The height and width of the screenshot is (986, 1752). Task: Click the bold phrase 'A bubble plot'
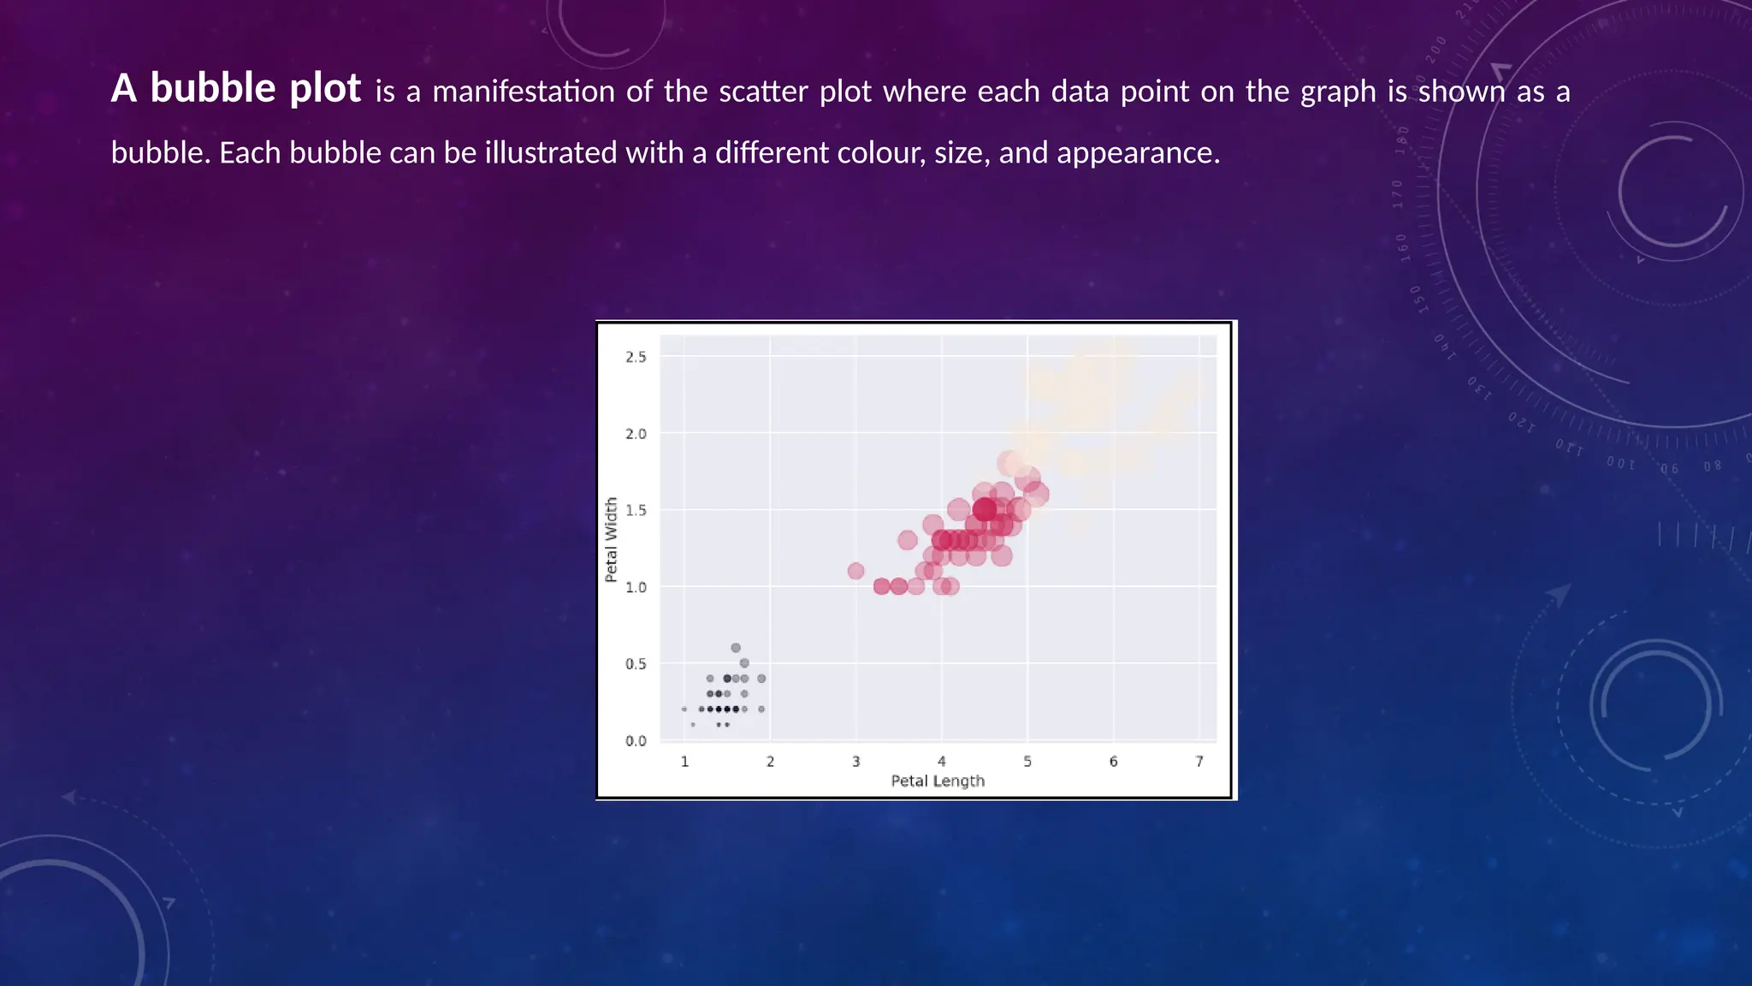point(235,89)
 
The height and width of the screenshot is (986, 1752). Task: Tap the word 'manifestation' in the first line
point(523,92)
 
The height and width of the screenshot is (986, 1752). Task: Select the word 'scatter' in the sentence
point(762,92)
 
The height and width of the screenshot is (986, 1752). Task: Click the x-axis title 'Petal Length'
point(938,781)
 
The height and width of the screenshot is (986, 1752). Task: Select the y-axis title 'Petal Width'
point(611,540)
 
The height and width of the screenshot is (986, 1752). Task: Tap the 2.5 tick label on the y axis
point(636,357)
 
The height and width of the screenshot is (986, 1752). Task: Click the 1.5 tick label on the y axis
point(636,510)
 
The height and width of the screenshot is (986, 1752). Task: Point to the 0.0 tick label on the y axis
point(636,741)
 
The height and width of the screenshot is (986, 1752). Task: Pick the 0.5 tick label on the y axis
point(636,664)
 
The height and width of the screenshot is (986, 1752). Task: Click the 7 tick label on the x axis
point(1199,762)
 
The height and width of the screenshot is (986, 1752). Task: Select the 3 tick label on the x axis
point(855,762)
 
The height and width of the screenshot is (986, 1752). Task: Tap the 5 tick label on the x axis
point(1027,762)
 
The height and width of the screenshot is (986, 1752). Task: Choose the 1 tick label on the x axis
point(684,762)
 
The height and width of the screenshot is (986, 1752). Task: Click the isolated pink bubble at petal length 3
point(855,571)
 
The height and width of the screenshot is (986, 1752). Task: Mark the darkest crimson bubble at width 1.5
point(985,510)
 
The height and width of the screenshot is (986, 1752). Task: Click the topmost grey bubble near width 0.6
point(736,648)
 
